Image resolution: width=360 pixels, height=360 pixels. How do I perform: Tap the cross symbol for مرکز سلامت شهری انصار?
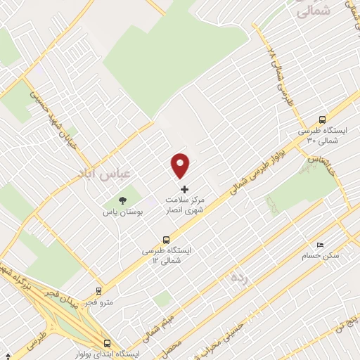(185, 190)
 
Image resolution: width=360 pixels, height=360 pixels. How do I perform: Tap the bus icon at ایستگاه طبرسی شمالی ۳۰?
(322, 120)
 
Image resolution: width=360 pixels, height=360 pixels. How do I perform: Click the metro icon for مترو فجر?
(98, 290)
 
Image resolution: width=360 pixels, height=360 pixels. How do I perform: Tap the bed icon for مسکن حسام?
(321, 245)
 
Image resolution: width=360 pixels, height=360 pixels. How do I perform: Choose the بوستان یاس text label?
(124, 212)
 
